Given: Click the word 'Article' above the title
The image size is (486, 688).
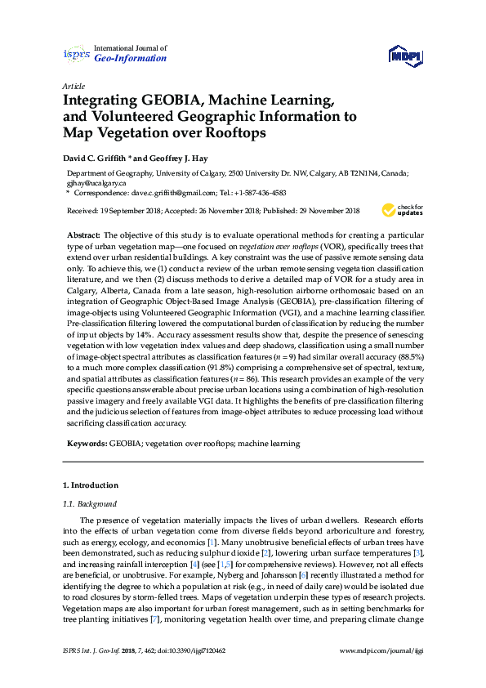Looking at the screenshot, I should [x=74, y=86].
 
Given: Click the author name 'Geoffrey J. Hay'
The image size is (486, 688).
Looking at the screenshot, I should [x=177, y=158].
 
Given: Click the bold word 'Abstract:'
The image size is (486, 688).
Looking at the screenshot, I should [x=83, y=235].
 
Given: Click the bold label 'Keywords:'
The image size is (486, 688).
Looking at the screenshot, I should [x=86, y=444].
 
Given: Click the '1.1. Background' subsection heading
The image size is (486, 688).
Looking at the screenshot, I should [x=90, y=504].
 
